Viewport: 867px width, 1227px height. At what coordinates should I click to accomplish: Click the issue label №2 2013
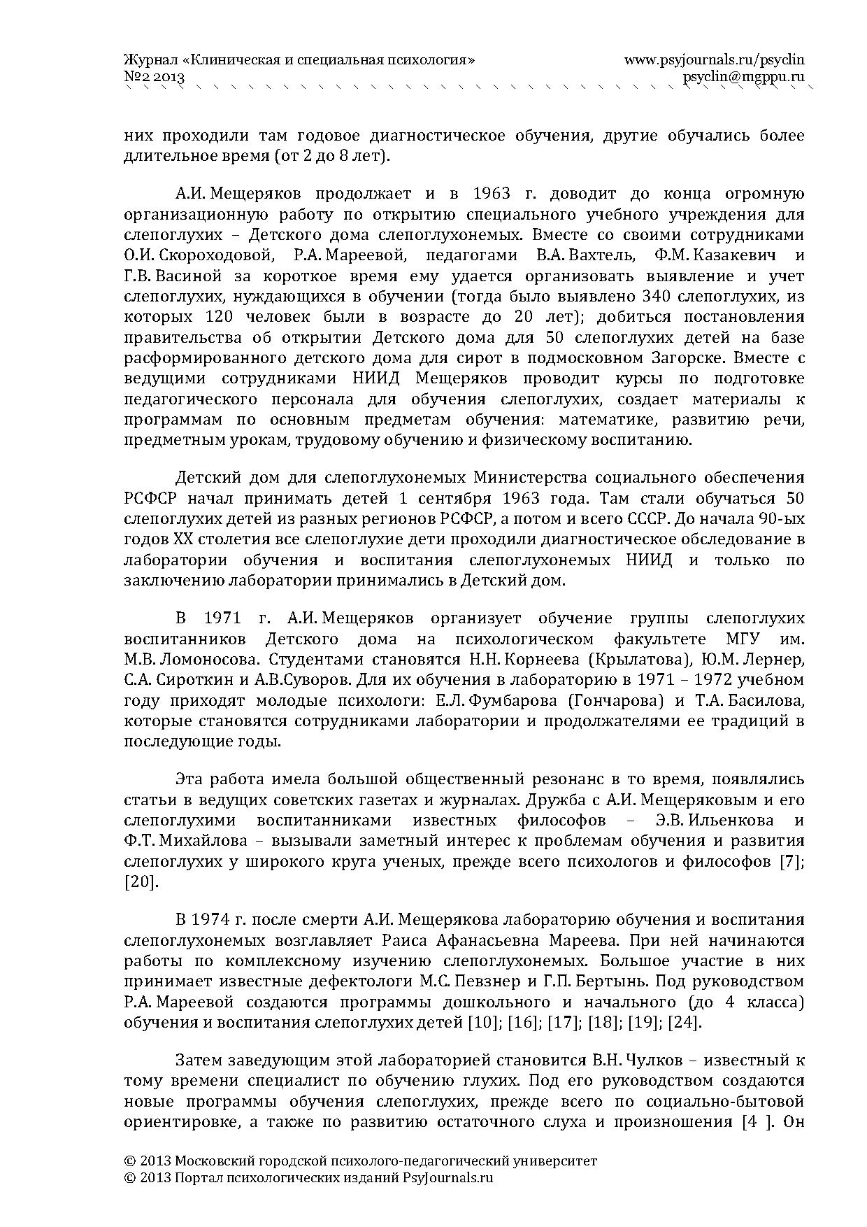(x=153, y=77)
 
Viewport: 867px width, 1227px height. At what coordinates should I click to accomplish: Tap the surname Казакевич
(x=731, y=255)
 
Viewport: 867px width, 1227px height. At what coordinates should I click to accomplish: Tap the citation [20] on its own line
(x=141, y=881)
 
